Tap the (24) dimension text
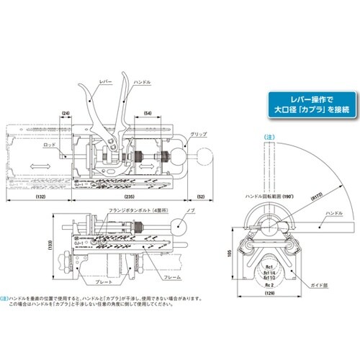pos(66,113)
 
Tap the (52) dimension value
pos(199,195)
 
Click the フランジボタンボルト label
pos(135,212)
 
